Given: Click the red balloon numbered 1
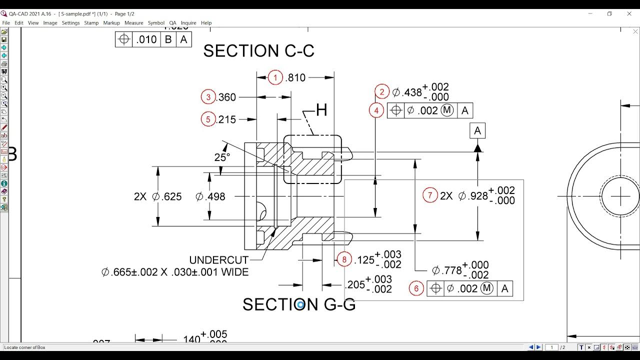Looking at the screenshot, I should click(x=275, y=77).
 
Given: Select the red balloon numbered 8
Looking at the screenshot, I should click(x=344, y=259).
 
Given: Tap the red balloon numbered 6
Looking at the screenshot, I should click(x=416, y=288).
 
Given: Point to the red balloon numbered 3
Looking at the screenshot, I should click(x=208, y=97).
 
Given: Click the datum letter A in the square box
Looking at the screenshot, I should click(x=477, y=131).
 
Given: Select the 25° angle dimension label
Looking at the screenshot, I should click(x=222, y=157).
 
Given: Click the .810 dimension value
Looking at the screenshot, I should click(x=295, y=77).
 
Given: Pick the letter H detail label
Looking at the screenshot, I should click(x=321, y=110).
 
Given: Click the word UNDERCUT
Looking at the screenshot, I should click(x=218, y=260).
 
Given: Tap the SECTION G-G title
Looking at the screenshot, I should click(x=298, y=304).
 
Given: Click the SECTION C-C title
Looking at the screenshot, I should click(x=258, y=51).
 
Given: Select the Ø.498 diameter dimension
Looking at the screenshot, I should click(x=210, y=196).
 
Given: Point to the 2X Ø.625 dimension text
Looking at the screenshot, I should click(x=158, y=196).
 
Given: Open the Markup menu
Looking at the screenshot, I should click(x=111, y=23).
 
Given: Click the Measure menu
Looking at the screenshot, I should click(x=133, y=23).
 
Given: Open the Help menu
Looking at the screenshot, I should click(x=206, y=23).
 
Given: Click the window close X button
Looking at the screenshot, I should click(x=629, y=13).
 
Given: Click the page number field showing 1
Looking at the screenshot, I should click(x=552, y=347).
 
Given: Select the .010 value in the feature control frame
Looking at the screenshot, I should click(x=146, y=39).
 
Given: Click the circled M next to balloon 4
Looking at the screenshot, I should click(x=447, y=110).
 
